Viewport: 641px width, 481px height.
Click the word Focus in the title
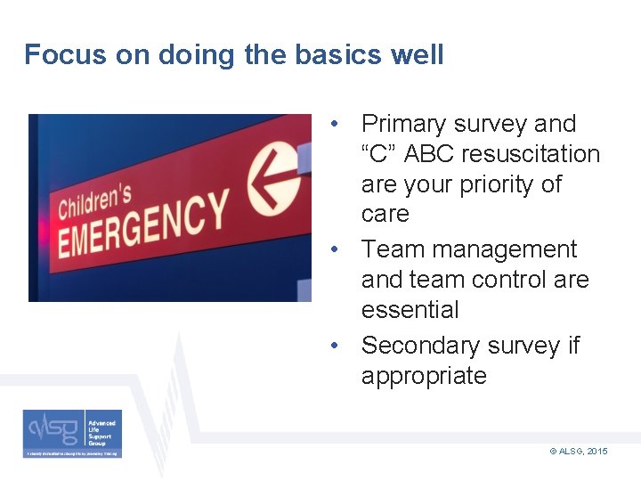click(x=59, y=55)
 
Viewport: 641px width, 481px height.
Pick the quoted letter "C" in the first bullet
click(x=379, y=154)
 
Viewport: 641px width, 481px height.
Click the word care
click(x=385, y=214)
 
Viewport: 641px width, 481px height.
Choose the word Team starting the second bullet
click(x=390, y=249)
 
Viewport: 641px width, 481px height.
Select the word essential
click(x=410, y=310)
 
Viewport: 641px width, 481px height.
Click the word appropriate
click(x=424, y=375)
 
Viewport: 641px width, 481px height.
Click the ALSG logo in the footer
click(x=72, y=433)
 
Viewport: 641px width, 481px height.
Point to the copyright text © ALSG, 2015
click(x=579, y=452)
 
